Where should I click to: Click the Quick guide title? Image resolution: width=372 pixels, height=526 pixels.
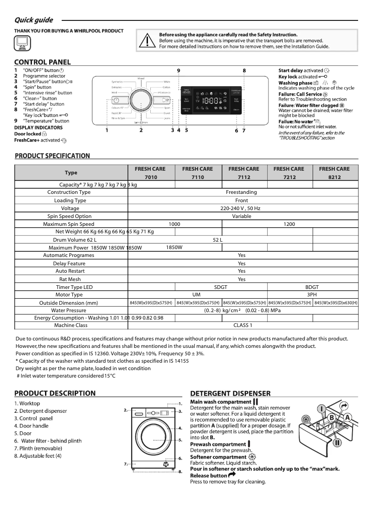[33, 20]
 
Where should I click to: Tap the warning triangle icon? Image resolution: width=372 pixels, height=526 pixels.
[148, 40]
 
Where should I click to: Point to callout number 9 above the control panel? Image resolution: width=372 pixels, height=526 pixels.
[179, 70]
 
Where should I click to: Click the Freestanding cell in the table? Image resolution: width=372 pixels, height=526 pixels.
[241, 192]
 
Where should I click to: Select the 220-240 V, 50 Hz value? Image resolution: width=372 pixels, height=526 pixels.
[241, 209]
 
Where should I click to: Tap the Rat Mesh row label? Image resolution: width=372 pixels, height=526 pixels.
[70, 279]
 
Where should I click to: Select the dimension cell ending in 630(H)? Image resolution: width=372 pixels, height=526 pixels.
[336, 303]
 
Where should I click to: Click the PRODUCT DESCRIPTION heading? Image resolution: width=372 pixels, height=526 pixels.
[55, 393]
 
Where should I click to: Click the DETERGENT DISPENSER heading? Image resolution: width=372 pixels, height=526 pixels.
[230, 393]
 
